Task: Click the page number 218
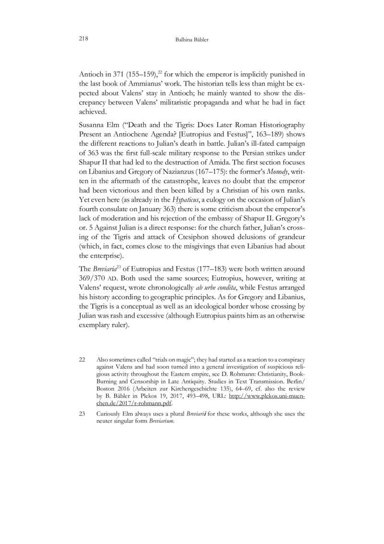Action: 83,39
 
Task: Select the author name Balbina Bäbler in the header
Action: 192,39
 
